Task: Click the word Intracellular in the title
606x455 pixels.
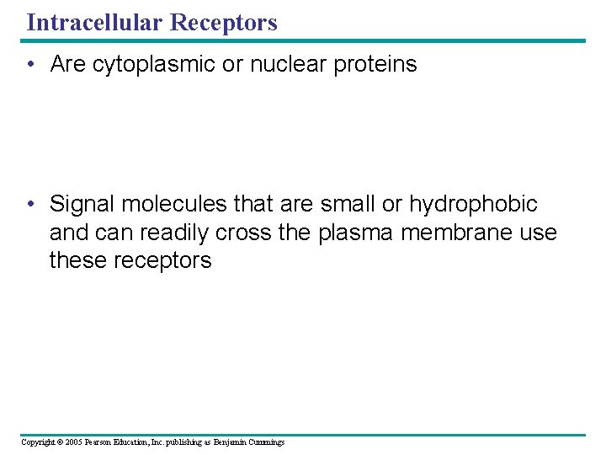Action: click(x=94, y=22)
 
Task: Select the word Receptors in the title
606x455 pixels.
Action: click(x=223, y=22)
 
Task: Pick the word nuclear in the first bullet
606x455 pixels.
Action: click(x=281, y=65)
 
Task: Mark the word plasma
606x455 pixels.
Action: click(x=356, y=233)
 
